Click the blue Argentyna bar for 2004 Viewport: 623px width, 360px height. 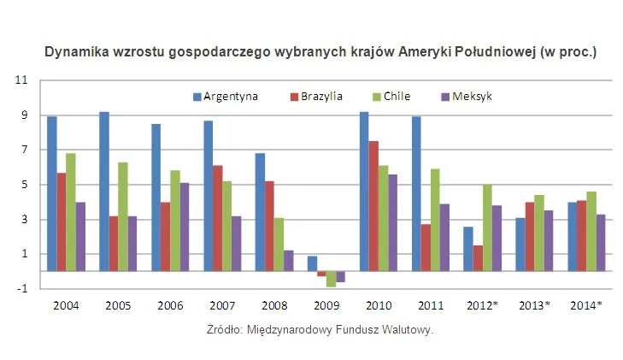(52, 194)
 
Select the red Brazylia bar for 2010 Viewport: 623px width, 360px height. (373, 206)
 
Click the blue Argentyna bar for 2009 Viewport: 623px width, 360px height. (312, 263)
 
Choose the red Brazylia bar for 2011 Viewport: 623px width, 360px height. (426, 248)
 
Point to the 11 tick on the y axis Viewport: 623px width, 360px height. (22, 80)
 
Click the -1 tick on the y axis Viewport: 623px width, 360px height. (22, 289)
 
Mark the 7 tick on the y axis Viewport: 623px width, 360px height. (24, 150)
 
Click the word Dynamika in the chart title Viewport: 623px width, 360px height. (76, 52)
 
